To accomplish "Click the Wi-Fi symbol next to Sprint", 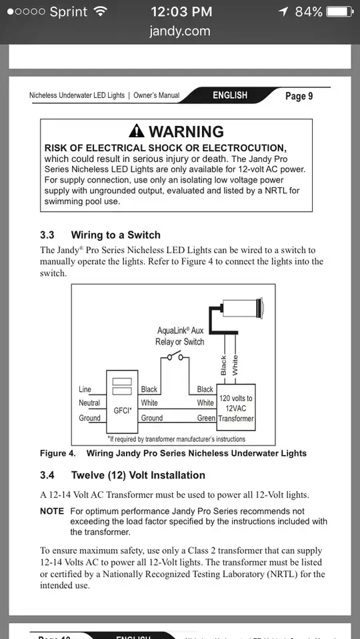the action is tap(99, 11).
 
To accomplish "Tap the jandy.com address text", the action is tap(180, 31).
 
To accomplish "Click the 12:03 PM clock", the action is tap(181, 11).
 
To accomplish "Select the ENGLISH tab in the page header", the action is tap(230, 95).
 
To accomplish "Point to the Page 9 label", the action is tap(299, 96).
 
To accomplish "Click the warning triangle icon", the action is tap(137, 131).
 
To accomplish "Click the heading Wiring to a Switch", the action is tap(116, 235).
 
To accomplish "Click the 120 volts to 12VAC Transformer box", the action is tap(235, 407).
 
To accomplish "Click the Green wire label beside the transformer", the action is tap(206, 418).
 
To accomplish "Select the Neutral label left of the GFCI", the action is tap(89, 403).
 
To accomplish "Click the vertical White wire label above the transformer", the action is tap(235, 365).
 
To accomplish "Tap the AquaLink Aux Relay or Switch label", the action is tap(180, 336).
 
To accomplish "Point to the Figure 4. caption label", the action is tap(58, 453).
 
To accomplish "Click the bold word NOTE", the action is tap(52, 511).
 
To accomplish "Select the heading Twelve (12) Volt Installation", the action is tap(138, 475).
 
